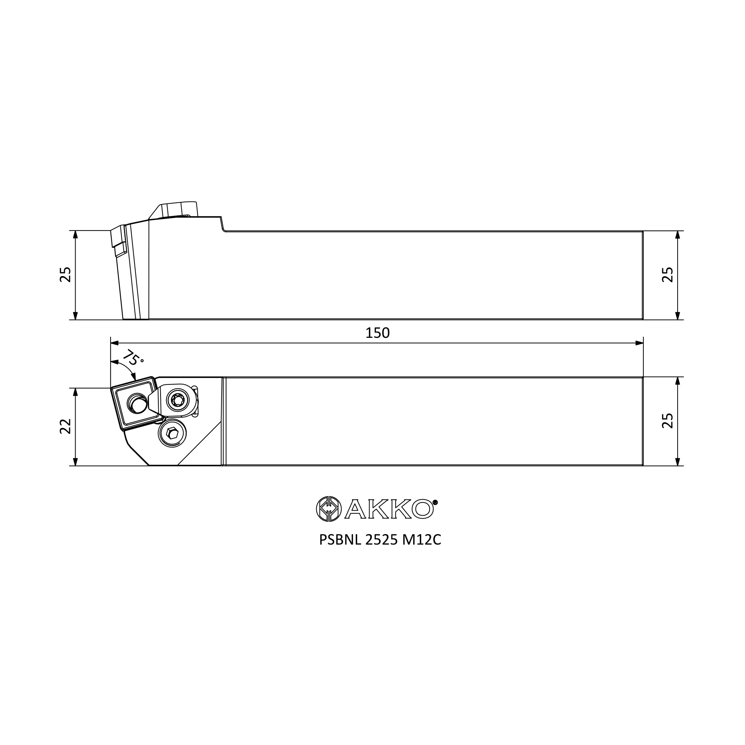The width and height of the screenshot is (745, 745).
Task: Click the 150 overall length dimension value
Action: click(377, 333)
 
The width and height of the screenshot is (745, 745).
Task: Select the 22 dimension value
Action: click(66, 426)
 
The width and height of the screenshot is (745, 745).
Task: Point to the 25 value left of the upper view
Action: click(66, 275)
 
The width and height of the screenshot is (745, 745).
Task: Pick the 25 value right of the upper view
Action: click(668, 275)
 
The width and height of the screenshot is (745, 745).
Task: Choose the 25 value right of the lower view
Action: click(668, 421)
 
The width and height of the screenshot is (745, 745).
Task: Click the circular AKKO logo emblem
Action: click(329, 508)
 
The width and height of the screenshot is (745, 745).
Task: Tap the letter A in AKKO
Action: click(355, 509)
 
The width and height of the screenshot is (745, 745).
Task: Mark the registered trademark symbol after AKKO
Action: click(435, 502)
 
